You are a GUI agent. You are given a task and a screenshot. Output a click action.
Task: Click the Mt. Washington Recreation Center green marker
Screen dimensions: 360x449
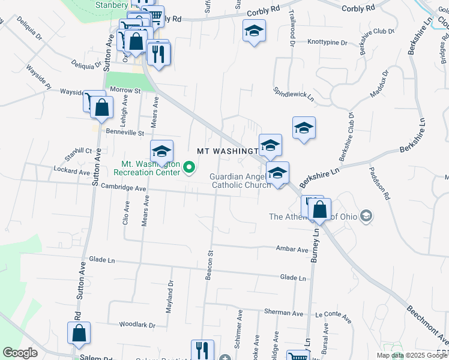click(190, 167)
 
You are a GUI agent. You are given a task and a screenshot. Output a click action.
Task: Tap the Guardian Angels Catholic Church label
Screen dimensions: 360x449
click(240, 181)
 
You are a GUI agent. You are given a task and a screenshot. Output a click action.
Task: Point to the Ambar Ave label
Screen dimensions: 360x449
click(292, 249)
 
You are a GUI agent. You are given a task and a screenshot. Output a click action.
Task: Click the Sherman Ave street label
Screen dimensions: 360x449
click(289, 313)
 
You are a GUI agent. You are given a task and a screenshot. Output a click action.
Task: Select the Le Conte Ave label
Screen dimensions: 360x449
click(328, 313)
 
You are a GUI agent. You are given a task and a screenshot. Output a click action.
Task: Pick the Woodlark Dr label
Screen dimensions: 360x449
click(137, 325)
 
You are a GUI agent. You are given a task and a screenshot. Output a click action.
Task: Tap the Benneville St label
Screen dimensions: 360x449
click(125, 132)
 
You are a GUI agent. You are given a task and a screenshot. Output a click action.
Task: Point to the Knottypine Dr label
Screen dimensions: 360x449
click(328, 43)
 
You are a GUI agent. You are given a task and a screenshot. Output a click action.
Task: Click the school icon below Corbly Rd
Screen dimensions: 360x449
click(254, 31)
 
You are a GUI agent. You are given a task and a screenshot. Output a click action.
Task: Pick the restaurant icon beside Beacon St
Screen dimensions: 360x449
click(202, 350)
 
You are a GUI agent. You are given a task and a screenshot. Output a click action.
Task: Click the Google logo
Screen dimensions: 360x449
click(20, 353)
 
